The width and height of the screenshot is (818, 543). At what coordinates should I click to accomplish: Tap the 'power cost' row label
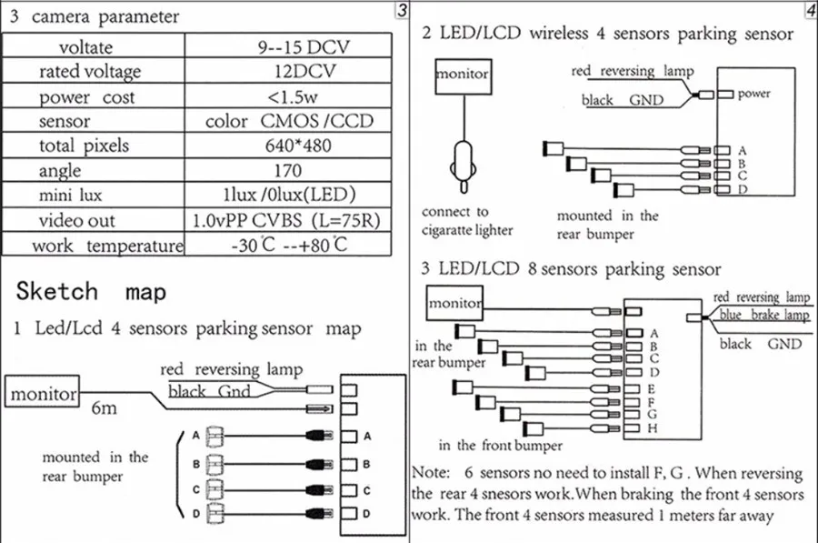(x=86, y=96)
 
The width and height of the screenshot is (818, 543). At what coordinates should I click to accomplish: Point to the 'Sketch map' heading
(x=92, y=291)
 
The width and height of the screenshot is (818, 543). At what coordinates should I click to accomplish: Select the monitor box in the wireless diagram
(x=462, y=75)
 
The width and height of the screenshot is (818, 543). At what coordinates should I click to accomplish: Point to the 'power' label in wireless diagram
(x=754, y=94)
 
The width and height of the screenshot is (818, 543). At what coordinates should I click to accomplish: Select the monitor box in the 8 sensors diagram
(x=455, y=302)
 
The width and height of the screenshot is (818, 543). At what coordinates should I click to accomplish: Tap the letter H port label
(x=653, y=427)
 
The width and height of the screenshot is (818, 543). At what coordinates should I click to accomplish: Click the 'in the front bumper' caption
(x=499, y=446)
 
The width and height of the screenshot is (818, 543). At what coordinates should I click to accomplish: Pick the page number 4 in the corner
(x=810, y=11)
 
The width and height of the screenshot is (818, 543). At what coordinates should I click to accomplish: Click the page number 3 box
(x=403, y=11)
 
